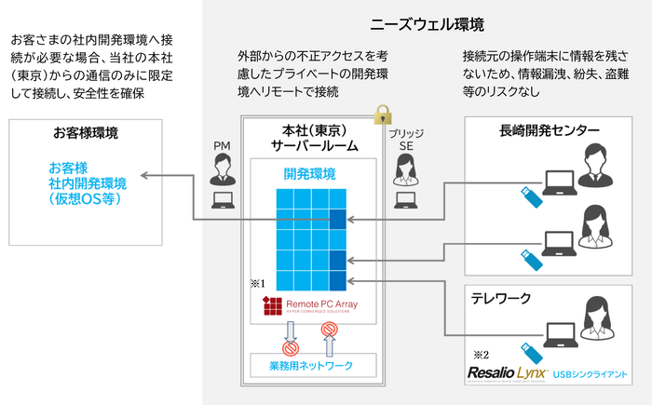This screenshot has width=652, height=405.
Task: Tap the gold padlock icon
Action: (x=381, y=116)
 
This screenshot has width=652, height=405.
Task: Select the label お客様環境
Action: (x=86, y=134)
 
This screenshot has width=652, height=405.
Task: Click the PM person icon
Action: (x=224, y=169)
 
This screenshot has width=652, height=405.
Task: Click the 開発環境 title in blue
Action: (x=310, y=173)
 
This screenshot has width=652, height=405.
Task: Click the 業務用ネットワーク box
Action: (x=310, y=365)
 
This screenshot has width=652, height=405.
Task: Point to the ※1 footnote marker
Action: (x=258, y=281)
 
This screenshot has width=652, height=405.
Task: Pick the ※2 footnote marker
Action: (x=481, y=355)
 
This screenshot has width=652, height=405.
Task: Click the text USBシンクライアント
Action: (x=589, y=375)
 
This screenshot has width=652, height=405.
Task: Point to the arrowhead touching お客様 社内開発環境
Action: (x=145, y=175)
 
